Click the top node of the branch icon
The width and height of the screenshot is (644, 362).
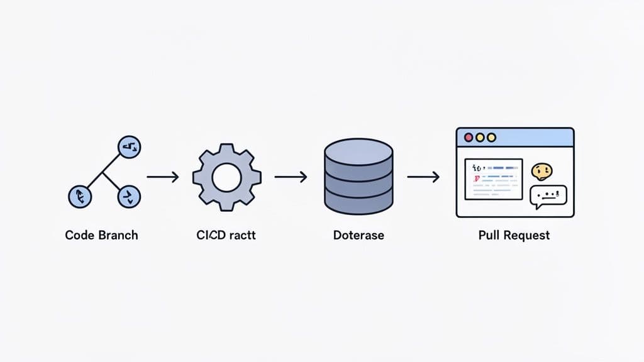point(130,148)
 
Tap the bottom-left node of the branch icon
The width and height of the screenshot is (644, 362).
point(79,197)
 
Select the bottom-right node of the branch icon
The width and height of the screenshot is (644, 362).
point(128,197)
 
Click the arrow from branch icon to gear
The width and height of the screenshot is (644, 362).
point(162,178)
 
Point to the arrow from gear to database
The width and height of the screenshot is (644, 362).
point(291,178)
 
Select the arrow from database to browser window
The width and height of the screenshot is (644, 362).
point(423,178)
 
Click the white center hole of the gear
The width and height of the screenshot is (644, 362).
point(227,178)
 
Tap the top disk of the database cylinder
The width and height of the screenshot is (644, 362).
point(358,151)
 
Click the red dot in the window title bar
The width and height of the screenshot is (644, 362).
point(468,137)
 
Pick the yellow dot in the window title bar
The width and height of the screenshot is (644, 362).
point(480,137)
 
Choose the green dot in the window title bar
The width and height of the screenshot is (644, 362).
point(491,137)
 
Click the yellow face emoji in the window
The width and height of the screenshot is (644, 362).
point(541,171)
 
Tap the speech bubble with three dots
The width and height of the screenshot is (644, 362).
point(548,196)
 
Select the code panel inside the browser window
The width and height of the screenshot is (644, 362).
point(494,178)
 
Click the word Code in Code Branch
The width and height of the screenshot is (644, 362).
point(80,236)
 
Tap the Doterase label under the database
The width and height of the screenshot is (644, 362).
point(358,236)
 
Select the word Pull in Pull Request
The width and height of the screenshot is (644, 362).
point(490,236)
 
